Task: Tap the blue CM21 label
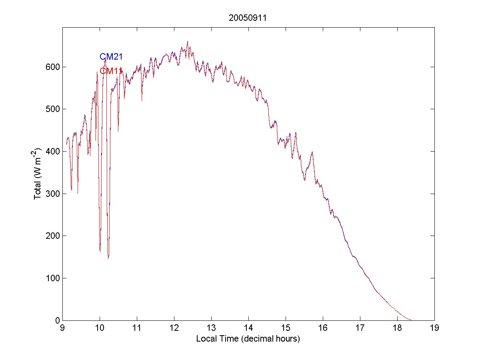111,57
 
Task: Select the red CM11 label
111,71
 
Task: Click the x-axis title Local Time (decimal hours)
248,339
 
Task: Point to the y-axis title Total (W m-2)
38,174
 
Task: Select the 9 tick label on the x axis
62,328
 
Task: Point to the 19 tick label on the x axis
434,328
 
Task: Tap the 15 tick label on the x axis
286,328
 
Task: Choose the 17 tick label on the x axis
360,328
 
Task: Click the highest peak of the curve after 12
188,41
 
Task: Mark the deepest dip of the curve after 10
108,258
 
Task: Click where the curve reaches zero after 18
412,320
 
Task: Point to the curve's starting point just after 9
66,144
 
